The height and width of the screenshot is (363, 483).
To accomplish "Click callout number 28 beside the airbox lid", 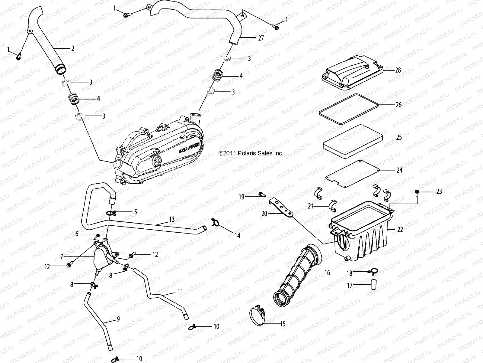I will click(x=398, y=70).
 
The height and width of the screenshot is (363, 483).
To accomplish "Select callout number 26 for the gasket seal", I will click(x=398, y=105).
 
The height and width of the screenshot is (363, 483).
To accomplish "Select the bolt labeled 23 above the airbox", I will click(x=417, y=192).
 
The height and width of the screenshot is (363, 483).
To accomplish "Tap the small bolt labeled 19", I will click(x=261, y=194).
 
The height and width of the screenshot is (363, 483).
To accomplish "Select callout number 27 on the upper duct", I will click(x=261, y=38).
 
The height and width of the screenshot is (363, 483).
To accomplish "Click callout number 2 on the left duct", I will click(x=72, y=48).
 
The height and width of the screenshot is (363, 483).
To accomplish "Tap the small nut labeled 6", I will click(x=98, y=235).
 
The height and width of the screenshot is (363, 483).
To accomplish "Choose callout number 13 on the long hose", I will click(x=172, y=219).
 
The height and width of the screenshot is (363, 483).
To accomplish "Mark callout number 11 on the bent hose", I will click(x=180, y=292).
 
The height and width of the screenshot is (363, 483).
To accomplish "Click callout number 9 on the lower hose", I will click(x=118, y=319).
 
